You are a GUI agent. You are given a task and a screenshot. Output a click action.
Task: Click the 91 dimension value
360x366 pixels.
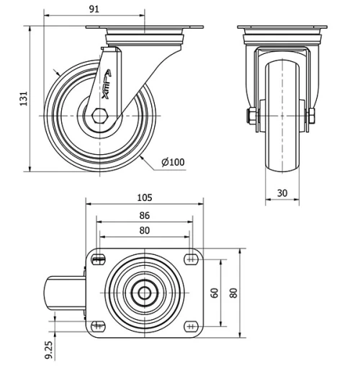[x=94, y=9]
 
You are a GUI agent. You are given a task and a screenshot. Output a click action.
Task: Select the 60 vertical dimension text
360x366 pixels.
[x=214, y=293]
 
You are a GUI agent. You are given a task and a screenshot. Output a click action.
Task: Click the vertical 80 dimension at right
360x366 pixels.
[x=233, y=293]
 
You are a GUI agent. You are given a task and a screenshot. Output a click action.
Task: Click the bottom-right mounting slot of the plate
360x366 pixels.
[x=191, y=326]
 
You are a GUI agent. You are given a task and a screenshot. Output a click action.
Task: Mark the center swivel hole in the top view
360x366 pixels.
[x=145, y=293]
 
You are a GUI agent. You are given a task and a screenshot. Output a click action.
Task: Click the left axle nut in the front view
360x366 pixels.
[x=252, y=115]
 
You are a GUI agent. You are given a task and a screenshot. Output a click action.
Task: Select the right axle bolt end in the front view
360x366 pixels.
[x=314, y=115]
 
